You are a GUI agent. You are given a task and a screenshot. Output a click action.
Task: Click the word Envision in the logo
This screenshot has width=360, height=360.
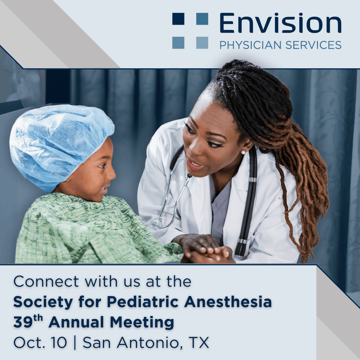point(280,23)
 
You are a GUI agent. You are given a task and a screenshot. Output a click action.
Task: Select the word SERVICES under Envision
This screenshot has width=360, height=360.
point(313,45)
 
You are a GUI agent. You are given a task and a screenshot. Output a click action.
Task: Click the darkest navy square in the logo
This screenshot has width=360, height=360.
point(178,18)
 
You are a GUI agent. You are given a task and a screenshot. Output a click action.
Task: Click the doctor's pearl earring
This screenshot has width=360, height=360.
point(243,152)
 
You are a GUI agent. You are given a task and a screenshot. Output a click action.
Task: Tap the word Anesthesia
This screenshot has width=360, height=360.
point(228,302)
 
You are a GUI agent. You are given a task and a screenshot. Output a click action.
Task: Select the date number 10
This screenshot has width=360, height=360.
point(59,343)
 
